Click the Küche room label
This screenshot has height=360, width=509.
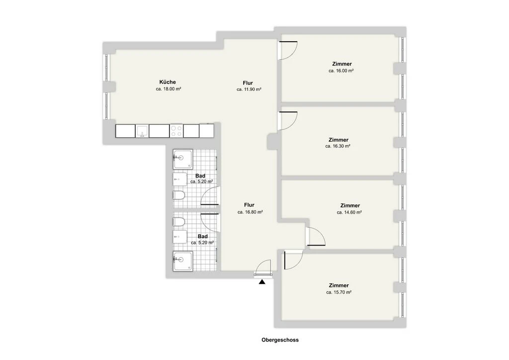coord(168,82)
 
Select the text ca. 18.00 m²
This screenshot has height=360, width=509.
coord(168,89)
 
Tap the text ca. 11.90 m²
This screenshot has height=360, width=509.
coord(249,90)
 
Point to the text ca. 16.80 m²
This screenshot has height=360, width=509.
coord(250,212)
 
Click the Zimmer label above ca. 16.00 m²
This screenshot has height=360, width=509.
coord(342,64)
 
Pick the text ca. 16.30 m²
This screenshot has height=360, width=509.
coord(338,147)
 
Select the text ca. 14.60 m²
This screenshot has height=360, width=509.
coord(349,212)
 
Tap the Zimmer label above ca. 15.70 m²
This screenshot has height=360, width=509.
coord(339,285)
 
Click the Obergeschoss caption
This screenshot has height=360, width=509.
coord(280,341)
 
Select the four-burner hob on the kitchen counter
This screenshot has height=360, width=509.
coord(176,131)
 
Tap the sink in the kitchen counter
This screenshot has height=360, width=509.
coord(142,131)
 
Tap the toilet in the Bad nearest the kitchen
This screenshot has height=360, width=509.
coord(179,195)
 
